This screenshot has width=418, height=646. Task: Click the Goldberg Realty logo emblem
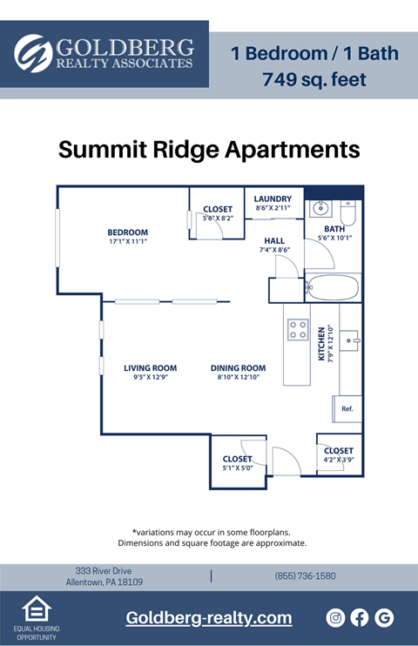[x=33, y=54]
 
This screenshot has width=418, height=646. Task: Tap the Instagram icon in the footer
[x=335, y=617]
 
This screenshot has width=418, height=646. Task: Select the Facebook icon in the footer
[x=360, y=617]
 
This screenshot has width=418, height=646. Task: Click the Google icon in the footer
[x=384, y=617]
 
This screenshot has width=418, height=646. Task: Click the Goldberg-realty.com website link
[x=208, y=617]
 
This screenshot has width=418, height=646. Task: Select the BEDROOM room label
[x=127, y=232]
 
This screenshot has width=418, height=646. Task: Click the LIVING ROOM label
[x=150, y=368]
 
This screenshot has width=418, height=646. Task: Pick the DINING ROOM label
[x=238, y=368]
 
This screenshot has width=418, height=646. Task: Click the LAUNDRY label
[x=273, y=199]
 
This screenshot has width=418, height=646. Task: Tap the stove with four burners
[x=298, y=329]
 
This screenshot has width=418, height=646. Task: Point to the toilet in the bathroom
[x=349, y=212]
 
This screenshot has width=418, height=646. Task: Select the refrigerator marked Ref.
[x=347, y=408]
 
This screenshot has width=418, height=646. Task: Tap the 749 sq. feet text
[x=314, y=80]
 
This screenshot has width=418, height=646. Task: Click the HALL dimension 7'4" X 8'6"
[x=274, y=250]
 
